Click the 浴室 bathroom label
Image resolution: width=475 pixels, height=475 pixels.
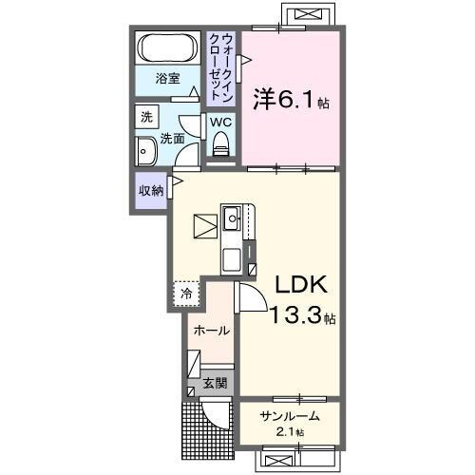click(168, 78)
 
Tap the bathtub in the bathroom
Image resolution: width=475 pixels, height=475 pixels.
click(168, 47)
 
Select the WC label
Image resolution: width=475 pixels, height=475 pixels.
click(219, 123)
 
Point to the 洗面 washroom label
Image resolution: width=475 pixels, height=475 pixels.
click(171, 139)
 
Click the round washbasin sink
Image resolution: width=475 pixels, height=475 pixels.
click(146, 151)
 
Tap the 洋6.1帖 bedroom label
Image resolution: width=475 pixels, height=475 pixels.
click(290, 98)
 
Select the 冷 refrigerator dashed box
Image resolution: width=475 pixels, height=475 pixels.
click(187, 294)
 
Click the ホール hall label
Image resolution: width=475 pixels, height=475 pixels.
click(210, 331)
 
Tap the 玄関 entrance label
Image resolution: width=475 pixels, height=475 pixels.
click(215, 384)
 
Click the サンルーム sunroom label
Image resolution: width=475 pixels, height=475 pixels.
click(285, 416)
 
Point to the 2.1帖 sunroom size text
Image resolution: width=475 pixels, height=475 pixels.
click(285, 432)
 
